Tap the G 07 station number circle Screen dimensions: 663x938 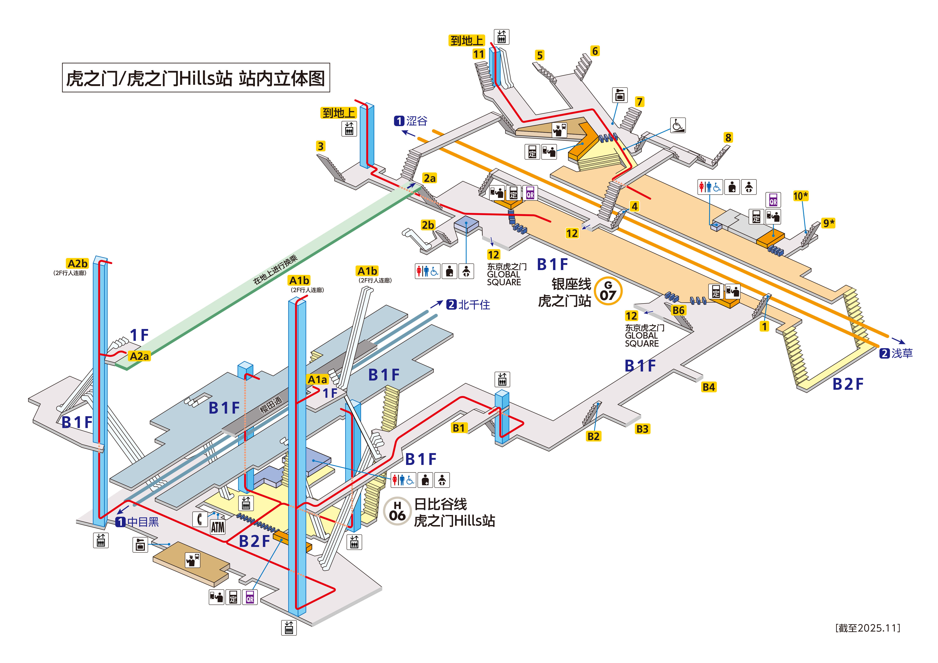point(608,291)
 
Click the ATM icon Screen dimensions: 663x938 point(218,527)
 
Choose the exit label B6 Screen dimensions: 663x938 point(678,311)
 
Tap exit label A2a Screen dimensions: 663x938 point(139,356)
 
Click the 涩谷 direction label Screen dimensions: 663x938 point(411,121)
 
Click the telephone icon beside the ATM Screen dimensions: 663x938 point(200,519)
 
